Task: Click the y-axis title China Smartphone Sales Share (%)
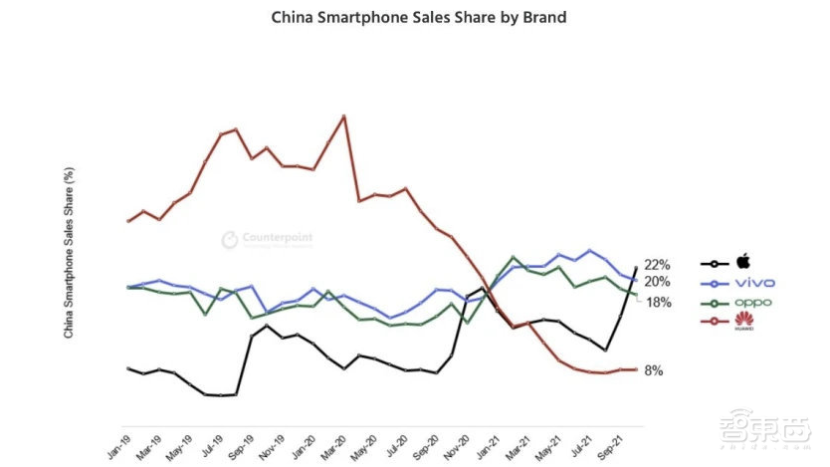(x=69, y=253)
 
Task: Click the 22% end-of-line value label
(x=657, y=265)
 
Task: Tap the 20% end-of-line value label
(x=657, y=282)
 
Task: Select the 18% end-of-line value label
(x=659, y=302)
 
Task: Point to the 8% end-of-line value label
(x=654, y=370)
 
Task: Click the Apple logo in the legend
(x=742, y=263)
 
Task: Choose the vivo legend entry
(x=755, y=283)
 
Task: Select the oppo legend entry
(x=755, y=302)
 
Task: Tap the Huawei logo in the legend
(x=743, y=321)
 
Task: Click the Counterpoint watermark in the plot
(x=266, y=239)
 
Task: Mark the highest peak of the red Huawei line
(x=343, y=116)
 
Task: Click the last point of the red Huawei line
(x=635, y=369)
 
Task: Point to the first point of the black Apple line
(x=128, y=368)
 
